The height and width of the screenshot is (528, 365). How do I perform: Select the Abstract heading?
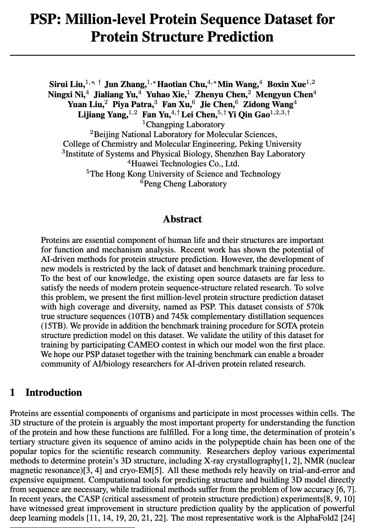(x=182, y=219)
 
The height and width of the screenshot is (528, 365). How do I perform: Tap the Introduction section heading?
(x=54, y=392)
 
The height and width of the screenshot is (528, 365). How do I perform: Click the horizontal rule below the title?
(x=182, y=55)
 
